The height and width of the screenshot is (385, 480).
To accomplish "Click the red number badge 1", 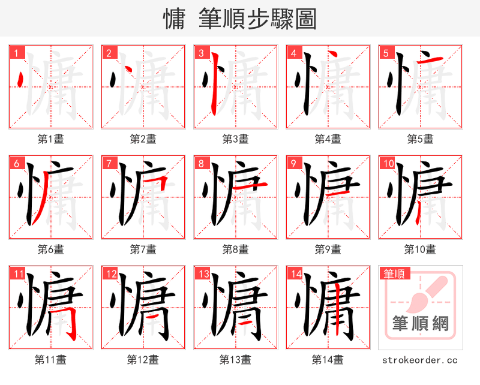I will [16, 53].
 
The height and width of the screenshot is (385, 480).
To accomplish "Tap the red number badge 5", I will [386, 53].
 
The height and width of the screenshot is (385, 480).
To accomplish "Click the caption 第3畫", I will [235, 139].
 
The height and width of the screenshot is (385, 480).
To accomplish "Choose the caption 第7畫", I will [143, 249].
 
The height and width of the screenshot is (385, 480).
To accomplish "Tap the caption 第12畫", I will [143, 359].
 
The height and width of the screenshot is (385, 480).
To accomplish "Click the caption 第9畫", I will [328, 249].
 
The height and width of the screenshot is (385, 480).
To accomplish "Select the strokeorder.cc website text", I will [420, 360].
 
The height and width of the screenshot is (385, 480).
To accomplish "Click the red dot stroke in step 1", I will [22, 80].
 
